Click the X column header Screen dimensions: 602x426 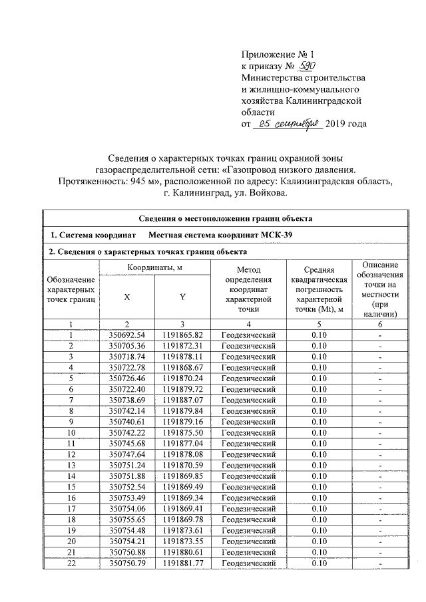(126, 297)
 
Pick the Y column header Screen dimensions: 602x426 (182, 297)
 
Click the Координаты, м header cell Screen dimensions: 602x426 (154, 267)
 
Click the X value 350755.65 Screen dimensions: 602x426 (126, 519)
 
